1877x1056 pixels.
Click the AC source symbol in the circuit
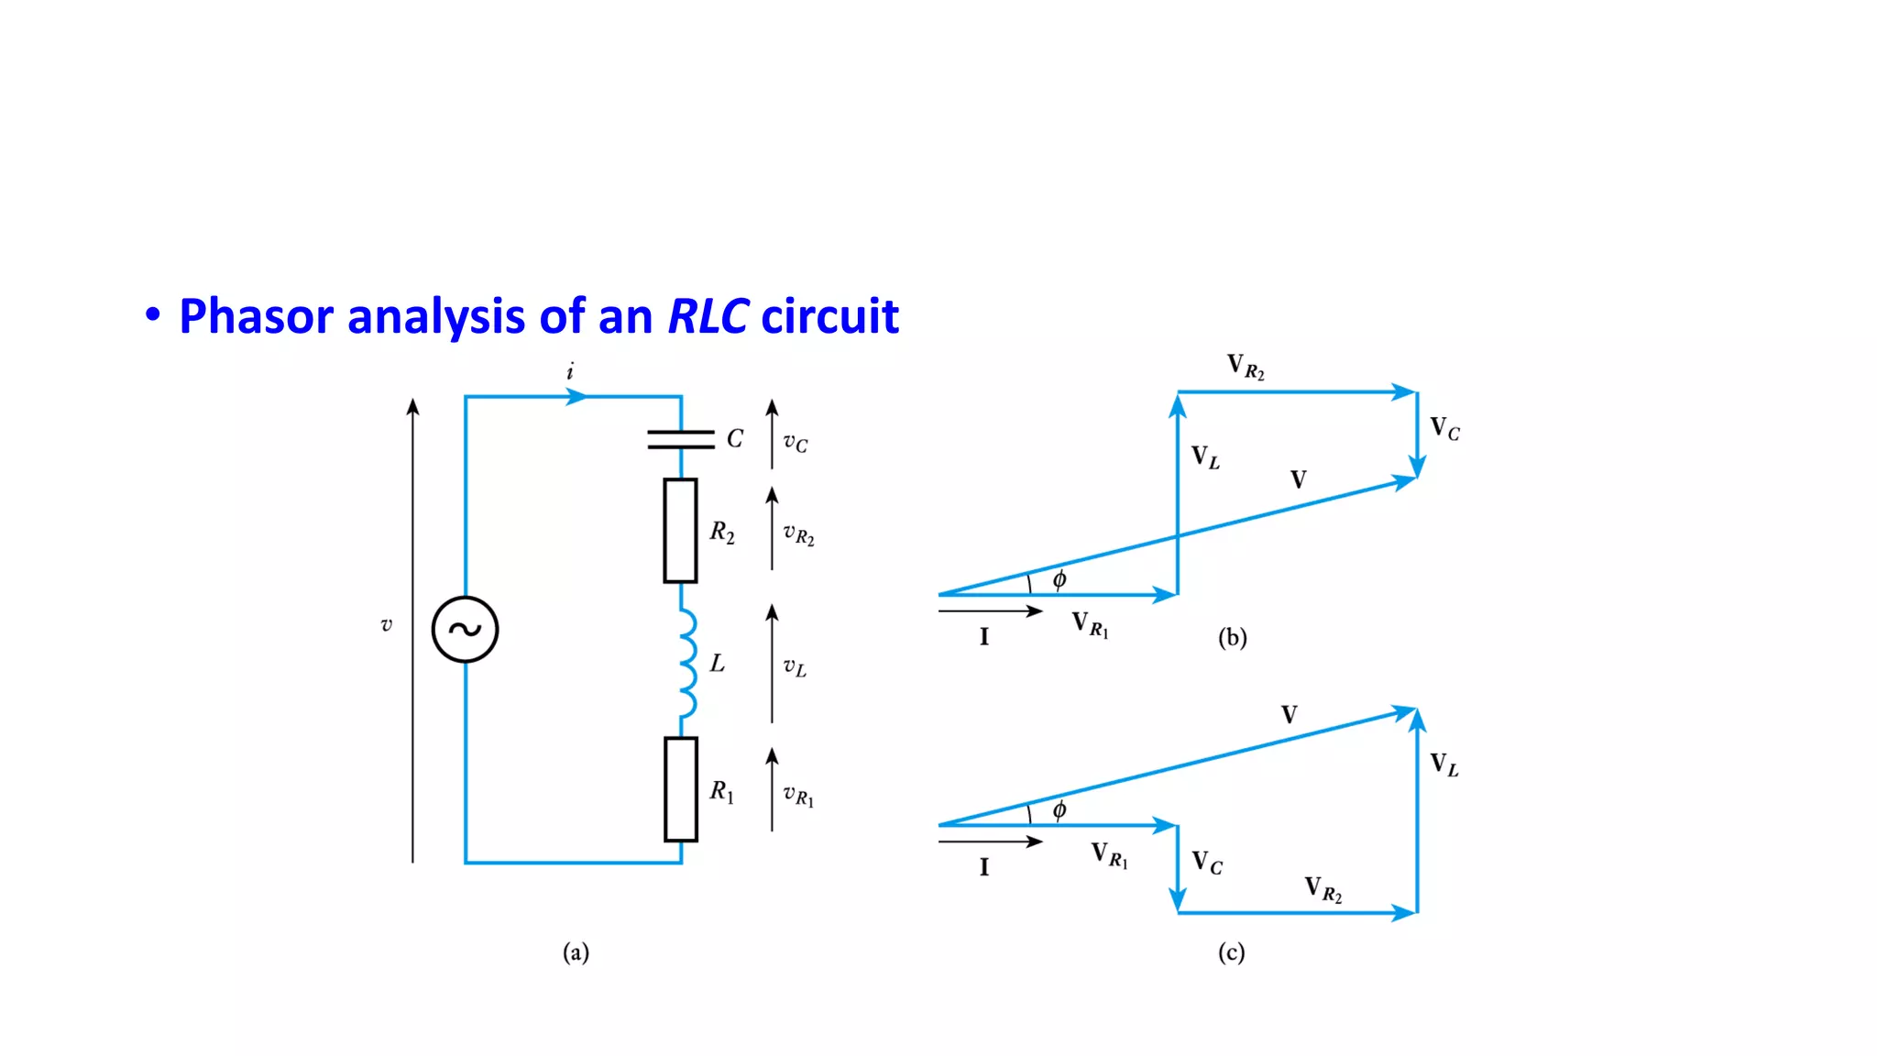(x=465, y=630)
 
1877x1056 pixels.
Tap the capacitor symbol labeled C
(x=681, y=440)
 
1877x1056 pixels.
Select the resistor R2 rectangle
(x=680, y=531)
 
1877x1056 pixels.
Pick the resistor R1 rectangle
(x=680, y=789)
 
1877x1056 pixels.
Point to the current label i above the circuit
(x=570, y=371)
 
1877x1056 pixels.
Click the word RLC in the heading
(x=708, y=316)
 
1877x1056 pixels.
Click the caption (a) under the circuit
(x=576, y=952)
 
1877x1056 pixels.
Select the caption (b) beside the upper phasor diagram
(x=1232, y=637)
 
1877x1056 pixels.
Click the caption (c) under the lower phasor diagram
(x=1231, y=952)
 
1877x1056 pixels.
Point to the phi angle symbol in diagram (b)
(x=1059, y=579)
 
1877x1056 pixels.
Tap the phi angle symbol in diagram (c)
(x=1059, y=809)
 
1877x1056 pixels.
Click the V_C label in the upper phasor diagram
(x=1444, y=428)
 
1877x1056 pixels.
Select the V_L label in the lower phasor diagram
(x=1444, y=764)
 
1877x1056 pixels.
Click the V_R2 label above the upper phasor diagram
(x=1246, y=367)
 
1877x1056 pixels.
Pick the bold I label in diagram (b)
(x=984, y=636)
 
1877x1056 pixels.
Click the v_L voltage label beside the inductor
(x=795, y=667)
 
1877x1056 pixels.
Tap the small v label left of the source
(x=386, y=625)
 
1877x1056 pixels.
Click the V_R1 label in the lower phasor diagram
(x=1109, y=855)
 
